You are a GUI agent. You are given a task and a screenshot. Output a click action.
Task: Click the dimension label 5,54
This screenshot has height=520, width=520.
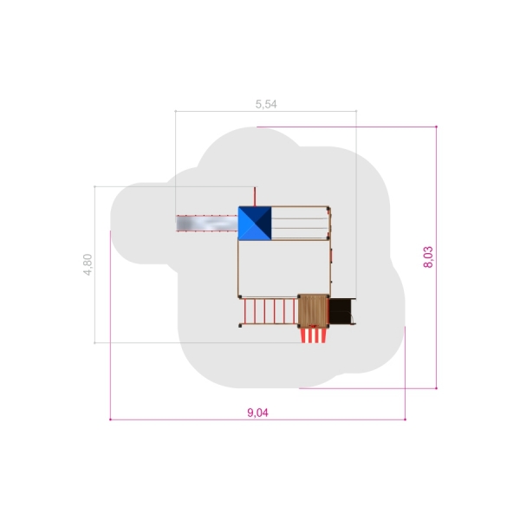click(x=266, y=104)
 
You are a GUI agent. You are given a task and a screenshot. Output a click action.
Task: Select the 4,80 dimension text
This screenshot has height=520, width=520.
click(x=88, y=264)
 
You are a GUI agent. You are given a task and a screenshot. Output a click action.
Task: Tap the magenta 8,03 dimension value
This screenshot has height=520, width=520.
click(x=428, y=257)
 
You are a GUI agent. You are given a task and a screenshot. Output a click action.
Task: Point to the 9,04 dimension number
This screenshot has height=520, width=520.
click(x=257, y=413)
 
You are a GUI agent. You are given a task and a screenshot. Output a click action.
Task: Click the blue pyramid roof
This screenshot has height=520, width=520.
click(x=255, y=224)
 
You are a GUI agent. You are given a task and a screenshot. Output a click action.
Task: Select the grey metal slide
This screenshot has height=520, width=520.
click(x=207, y=224)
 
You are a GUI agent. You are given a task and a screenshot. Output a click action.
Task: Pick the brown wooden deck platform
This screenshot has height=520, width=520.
click(x=313, y=311)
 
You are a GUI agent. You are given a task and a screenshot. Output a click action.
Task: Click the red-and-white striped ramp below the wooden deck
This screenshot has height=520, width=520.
click(x=314, y=335)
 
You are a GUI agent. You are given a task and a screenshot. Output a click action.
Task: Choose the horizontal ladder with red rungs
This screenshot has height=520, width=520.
click(x=269, y=311)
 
